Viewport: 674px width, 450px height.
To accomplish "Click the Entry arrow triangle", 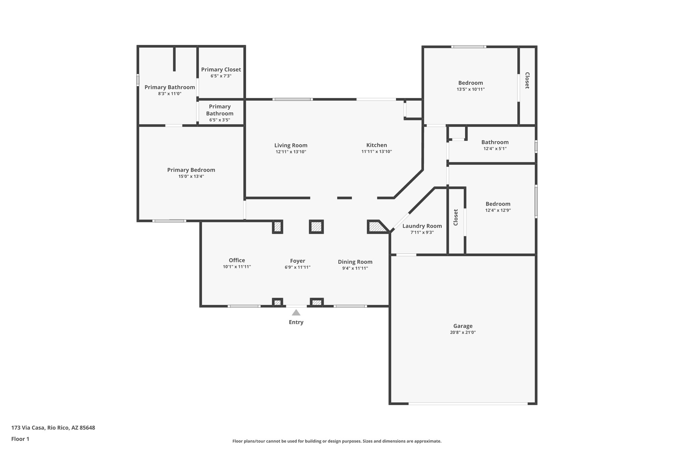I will click(296, 313).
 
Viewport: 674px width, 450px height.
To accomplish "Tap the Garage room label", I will click(463, 326).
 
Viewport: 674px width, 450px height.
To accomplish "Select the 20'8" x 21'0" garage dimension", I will click(463, 333).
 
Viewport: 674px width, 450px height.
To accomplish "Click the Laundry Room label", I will click(422, 226).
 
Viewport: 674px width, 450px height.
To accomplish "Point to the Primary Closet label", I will click(221, 70).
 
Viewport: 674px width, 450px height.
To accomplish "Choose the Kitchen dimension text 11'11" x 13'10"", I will click(376, 152).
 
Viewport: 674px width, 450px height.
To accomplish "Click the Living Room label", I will click(291, 145).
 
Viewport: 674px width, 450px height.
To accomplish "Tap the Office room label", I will click(237, 260).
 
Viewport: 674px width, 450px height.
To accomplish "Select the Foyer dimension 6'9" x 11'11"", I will click(298, 267).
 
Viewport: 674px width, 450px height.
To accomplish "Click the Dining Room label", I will click(355, 262).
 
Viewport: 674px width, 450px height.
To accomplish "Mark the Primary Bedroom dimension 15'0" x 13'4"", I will click(191, 176).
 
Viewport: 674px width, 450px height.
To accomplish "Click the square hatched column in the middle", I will click(316, 227).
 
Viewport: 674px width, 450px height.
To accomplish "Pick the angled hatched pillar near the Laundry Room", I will click(376, 227).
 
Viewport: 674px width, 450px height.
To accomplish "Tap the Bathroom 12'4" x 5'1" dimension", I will click(495, 149).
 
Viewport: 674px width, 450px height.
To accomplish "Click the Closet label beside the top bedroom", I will click(527, 80).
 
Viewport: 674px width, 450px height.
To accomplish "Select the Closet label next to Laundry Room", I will click(456, 217).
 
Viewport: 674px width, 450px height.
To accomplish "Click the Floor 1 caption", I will click(20, 439).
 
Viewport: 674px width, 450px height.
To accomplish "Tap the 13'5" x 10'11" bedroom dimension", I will click(471, 89).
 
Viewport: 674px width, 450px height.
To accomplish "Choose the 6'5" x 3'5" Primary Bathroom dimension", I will click(220, 120).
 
